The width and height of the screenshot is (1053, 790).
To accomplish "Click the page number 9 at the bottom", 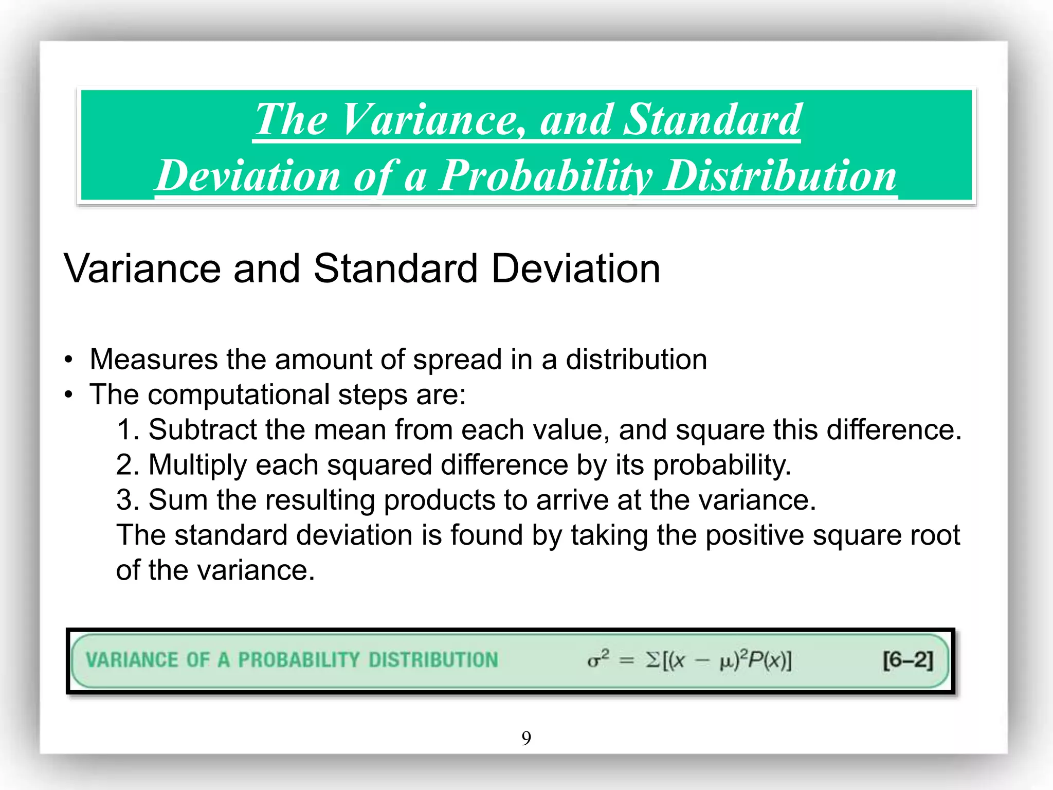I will click(x=526, y=738).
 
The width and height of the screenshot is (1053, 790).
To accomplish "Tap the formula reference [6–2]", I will click(x=907, y=660).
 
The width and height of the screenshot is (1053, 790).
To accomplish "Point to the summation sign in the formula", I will click(x=652, y=660).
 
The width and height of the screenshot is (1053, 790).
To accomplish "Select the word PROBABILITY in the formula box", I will click(x=299, y=660).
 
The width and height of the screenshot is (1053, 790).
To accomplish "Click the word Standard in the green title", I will click(x=712, y=119).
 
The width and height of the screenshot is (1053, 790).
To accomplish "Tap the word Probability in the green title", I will click(x=545, y=175).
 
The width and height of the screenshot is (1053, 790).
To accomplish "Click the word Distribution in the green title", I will click(x=779, y=175).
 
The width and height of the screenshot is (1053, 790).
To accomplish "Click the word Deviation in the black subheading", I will click(x=575, y=268).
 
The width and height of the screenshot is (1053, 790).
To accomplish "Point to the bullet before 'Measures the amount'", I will click(x=69, y=360).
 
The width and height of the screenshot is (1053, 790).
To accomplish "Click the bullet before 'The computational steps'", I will click(x=69, y=395).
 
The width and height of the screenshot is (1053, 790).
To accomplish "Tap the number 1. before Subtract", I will click(x=128, y=429).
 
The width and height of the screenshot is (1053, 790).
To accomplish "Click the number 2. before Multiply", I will click(x=128, y=464).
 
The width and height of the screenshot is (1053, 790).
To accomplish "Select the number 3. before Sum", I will click(x=128, y=499).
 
